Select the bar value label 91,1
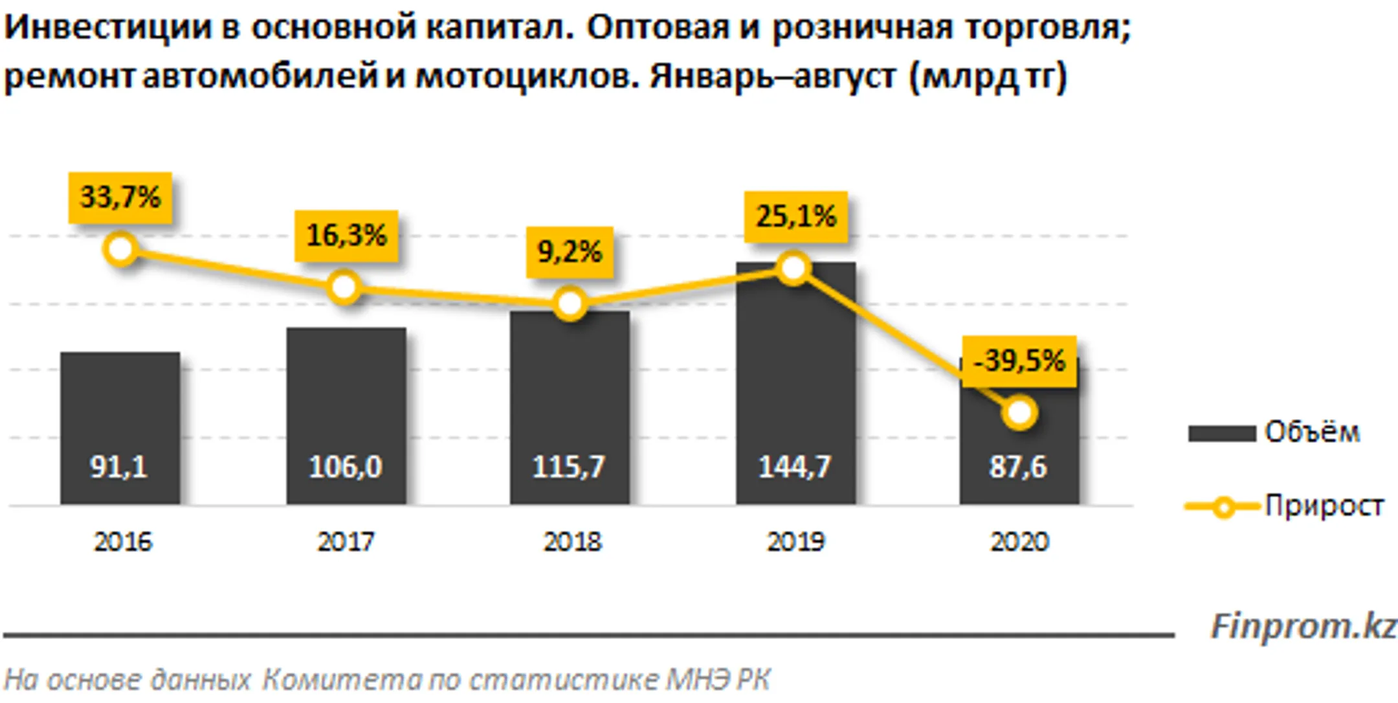tap(119, 467)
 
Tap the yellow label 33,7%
tap(120, 197)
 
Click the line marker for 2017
tap(344, 287)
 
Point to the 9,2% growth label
tap(570, 252)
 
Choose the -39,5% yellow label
tap(1019, 361)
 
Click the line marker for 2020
tap(1019, 412)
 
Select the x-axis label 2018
tap(571, 542)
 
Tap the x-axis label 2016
tap(122, 542)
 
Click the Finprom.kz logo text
tap(1303, 627)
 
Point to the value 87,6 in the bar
tap(1017, 467)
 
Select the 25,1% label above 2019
tap(795, 217)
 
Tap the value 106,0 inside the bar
tap(345, 467)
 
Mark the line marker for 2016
tap(121, 249)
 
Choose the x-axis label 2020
tap(1019, 542)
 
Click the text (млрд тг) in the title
tap(988, 77)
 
